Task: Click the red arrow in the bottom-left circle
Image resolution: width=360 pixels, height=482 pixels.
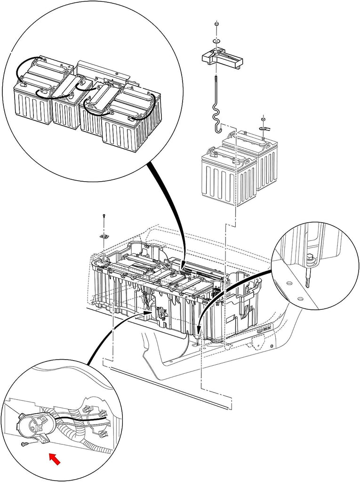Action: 56,458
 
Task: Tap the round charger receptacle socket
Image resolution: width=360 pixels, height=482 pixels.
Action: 34,424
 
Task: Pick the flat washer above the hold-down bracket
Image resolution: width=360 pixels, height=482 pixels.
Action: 216,42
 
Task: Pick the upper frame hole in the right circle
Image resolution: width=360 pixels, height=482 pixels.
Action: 288,284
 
